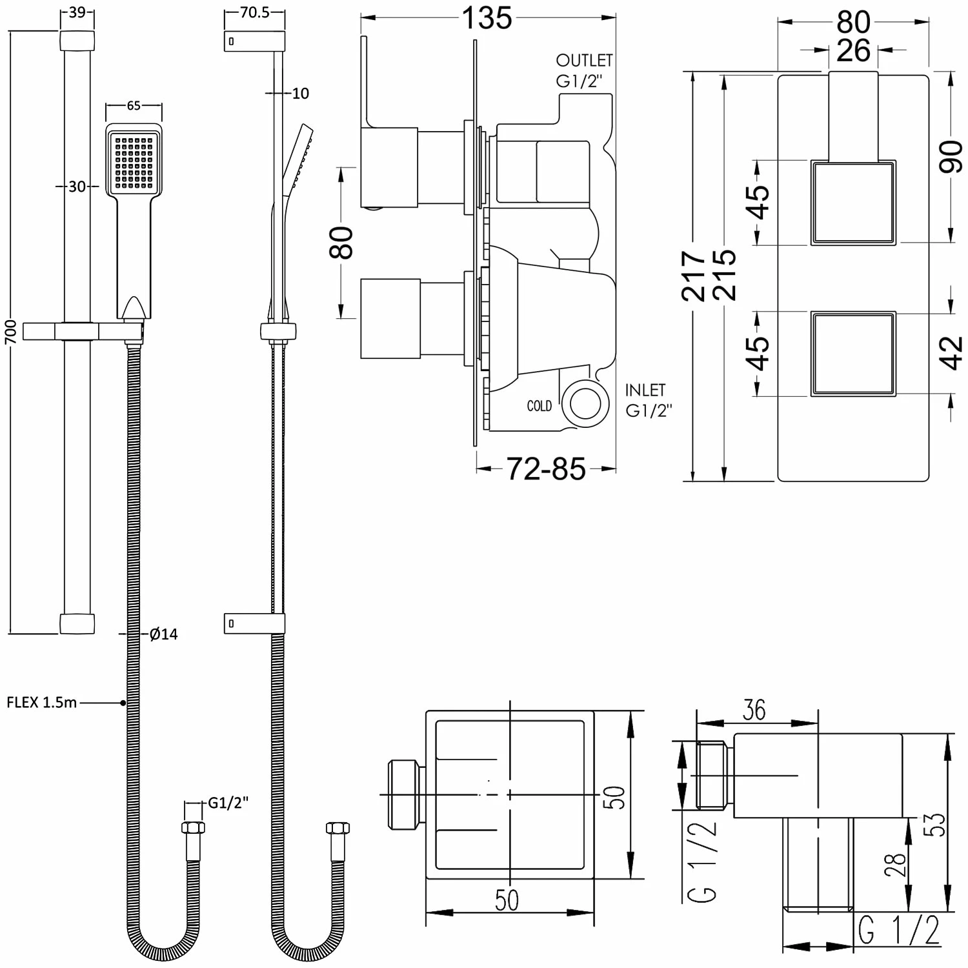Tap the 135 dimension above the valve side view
point(487,19)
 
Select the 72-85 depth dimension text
point(546,469)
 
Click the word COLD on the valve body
point(539,406)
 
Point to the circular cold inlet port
point(586,404)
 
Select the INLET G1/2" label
point(648,400)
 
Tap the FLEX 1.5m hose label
point(41,702)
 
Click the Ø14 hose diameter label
point(163,634)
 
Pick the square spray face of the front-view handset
point(134,161)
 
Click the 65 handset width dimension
point(134,105)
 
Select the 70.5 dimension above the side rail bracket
point(254,13)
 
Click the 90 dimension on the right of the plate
point(951,157)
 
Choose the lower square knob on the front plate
point(853,354)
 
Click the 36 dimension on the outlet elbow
point(754,711)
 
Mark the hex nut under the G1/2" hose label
point(193,828)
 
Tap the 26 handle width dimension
point(853,50)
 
